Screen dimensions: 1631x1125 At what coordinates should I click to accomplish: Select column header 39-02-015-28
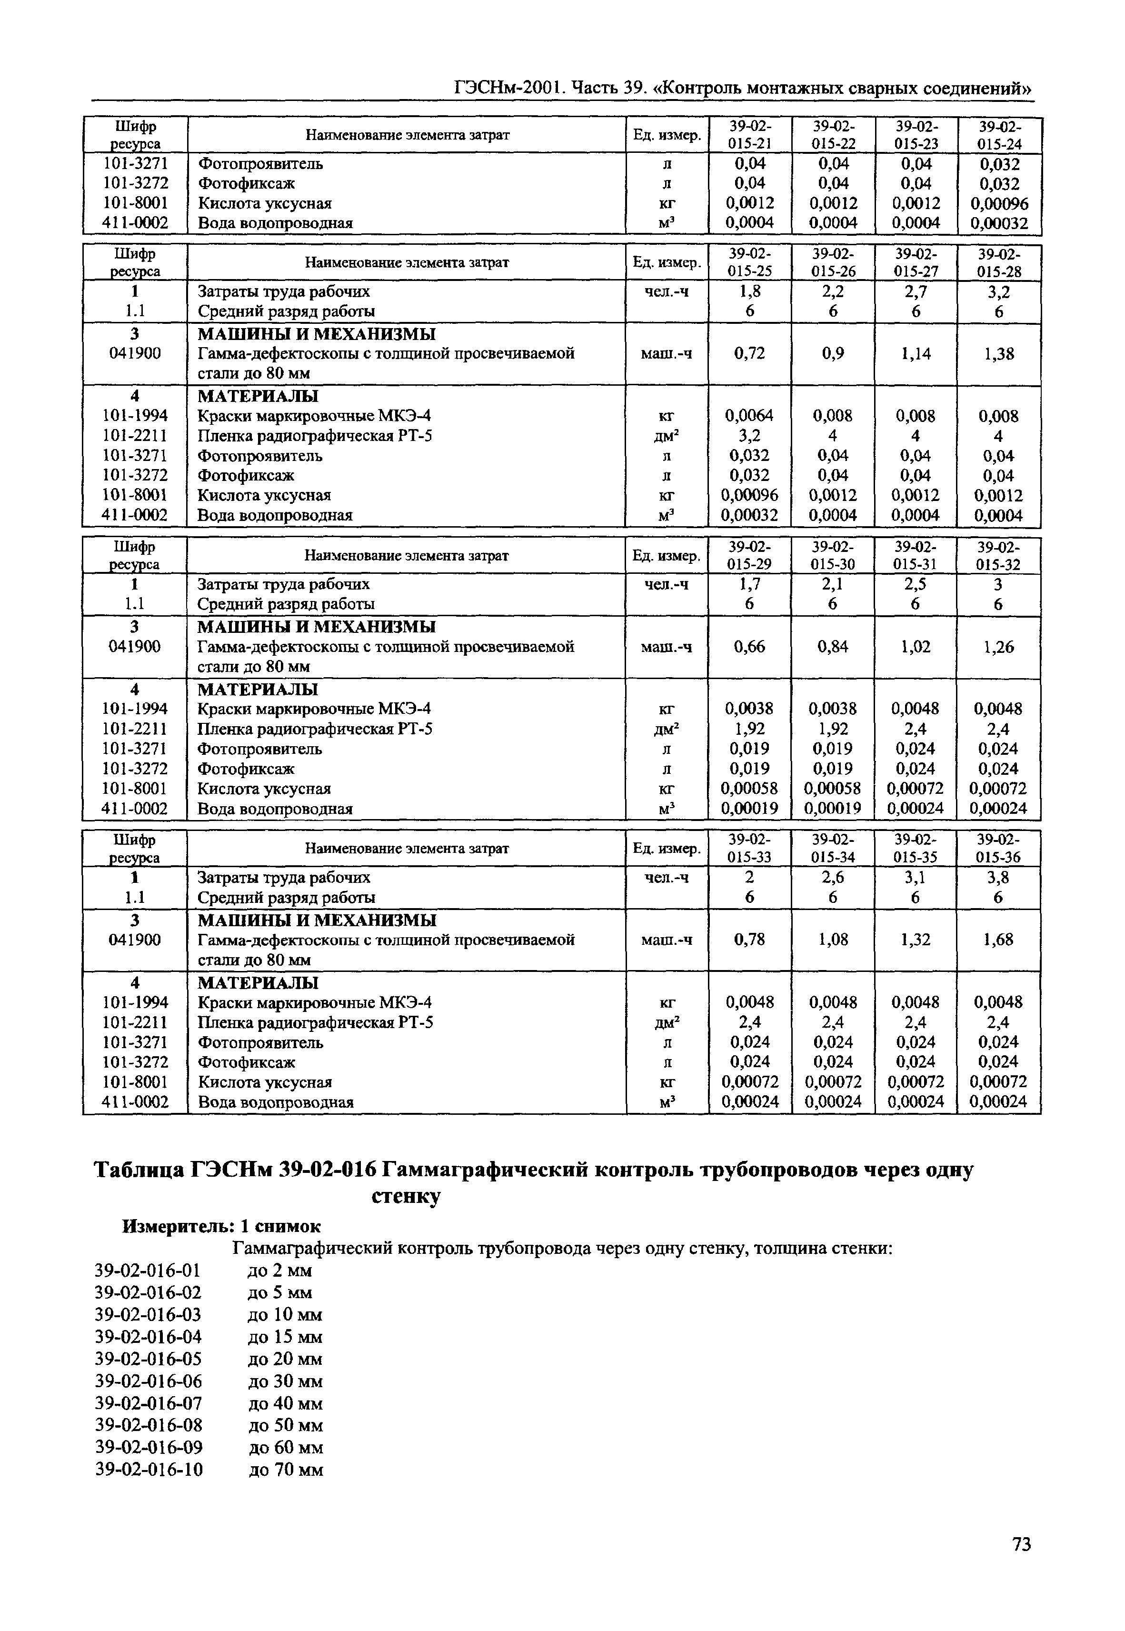coord(999,262)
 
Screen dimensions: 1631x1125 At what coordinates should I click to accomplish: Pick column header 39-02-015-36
coord(999,848)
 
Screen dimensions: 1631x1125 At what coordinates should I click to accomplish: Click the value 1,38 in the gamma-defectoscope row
coord(999,354)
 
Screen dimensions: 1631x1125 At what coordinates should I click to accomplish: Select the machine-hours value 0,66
coord(749,646)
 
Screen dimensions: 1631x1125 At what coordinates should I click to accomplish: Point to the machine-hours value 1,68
coord(999,940)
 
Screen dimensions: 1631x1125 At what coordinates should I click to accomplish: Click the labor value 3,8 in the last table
coord(999,878)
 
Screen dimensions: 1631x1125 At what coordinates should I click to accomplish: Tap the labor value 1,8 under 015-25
coord(749,291)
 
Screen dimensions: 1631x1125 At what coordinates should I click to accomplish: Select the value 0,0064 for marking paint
coord(749,416)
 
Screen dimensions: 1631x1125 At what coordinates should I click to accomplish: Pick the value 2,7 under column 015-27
coord(916,291)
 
